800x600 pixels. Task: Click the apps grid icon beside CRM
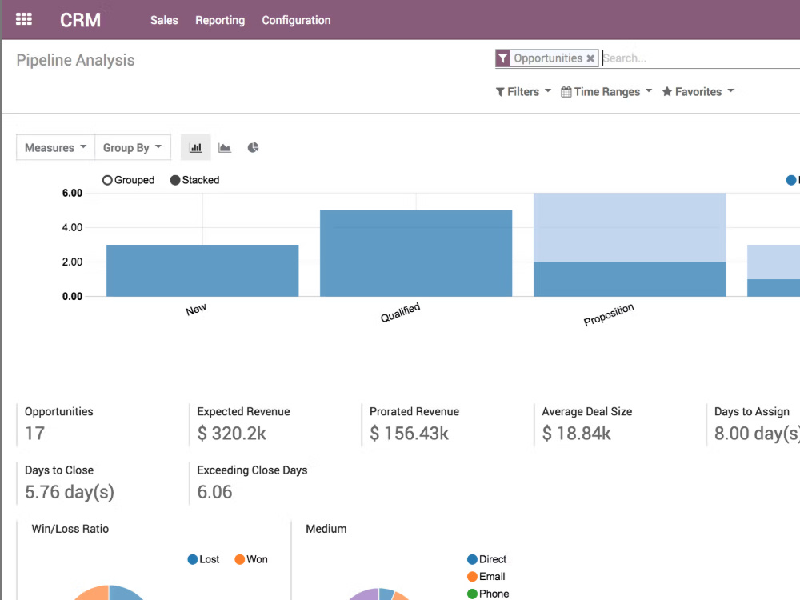click(x=23, y=19)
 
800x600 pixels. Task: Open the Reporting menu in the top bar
click(x=220, y=21)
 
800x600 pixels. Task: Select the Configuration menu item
click(x=296, y=21)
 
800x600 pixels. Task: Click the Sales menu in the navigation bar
click(x=164, y=21)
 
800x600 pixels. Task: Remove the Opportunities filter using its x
click(x=590, y=58)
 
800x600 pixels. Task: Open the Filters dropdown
click(x=523, y=92)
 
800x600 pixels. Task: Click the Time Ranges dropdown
click(x=606, y=92)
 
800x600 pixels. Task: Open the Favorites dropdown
click(x=698, y=92)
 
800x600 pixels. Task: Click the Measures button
click(x=55, y=147)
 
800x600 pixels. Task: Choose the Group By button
click(x=132, y=147)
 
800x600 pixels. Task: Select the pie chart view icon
click(x=253, y=147)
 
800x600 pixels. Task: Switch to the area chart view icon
click(x=225, y=147)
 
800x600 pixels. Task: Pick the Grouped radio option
click(x=128, y=180)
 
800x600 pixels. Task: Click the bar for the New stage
click(x=202, y=270)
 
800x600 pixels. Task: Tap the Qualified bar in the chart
click(x=416, y=253)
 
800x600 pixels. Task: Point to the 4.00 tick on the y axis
click(x=72, y=227)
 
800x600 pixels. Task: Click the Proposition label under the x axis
click(x=609, y=314)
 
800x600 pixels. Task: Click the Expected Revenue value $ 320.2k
click(x=232, y=433)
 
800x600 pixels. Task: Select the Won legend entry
click(x=251, y=559)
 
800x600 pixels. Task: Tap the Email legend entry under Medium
click(x=486, y=577)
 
